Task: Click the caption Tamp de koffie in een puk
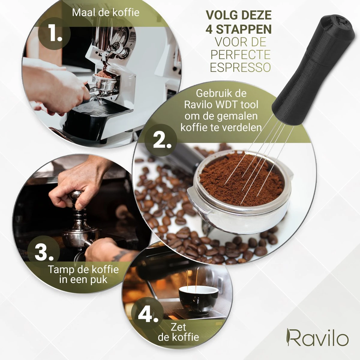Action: (83, 274)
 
